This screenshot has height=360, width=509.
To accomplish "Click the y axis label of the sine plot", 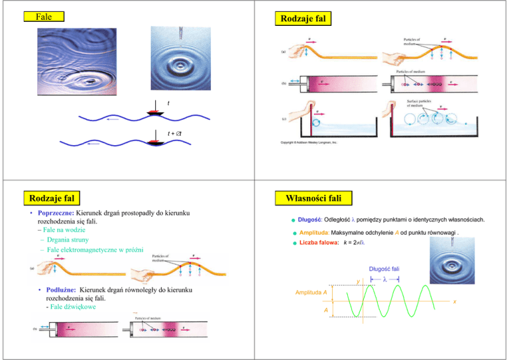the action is pyautogui.click(x=357, y=282).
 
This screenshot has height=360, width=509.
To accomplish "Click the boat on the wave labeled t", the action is pyautogui.click(x=156, y=112).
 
